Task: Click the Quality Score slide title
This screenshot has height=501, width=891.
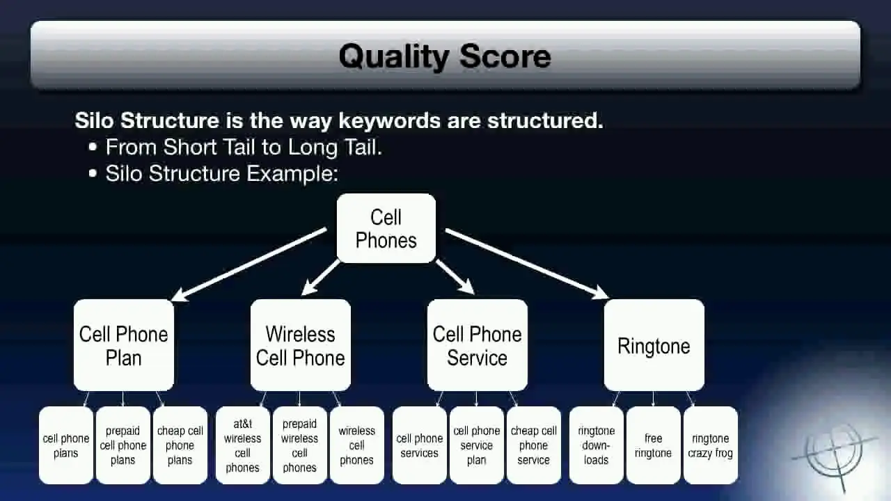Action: point(445,56)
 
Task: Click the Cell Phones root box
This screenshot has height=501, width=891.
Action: point(386,228)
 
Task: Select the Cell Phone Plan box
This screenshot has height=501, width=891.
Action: point(124,345)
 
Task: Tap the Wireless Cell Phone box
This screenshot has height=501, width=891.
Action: point(301,345)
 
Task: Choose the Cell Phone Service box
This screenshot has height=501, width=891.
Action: point(478,345)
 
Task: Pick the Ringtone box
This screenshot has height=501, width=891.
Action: point(654,345)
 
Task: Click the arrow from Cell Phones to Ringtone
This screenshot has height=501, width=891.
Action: point(527,263)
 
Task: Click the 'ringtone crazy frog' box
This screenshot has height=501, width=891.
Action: point(711,445)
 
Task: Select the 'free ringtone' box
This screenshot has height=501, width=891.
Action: point(653,445)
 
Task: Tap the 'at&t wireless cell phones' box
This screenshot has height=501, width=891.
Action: point(243,445)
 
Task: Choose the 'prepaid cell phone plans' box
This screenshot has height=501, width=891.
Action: point(123,445)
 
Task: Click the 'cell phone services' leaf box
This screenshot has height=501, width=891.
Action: point(419,445)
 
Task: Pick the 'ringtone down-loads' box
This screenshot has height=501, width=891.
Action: point(597,445)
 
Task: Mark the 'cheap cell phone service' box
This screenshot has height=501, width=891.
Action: point(534,445)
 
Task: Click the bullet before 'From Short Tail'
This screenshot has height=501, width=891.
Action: point(93,147)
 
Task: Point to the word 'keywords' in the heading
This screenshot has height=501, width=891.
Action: point(389,120)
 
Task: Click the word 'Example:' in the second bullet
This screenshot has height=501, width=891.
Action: point(292,174)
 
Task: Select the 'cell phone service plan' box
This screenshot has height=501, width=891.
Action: point(477,445)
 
